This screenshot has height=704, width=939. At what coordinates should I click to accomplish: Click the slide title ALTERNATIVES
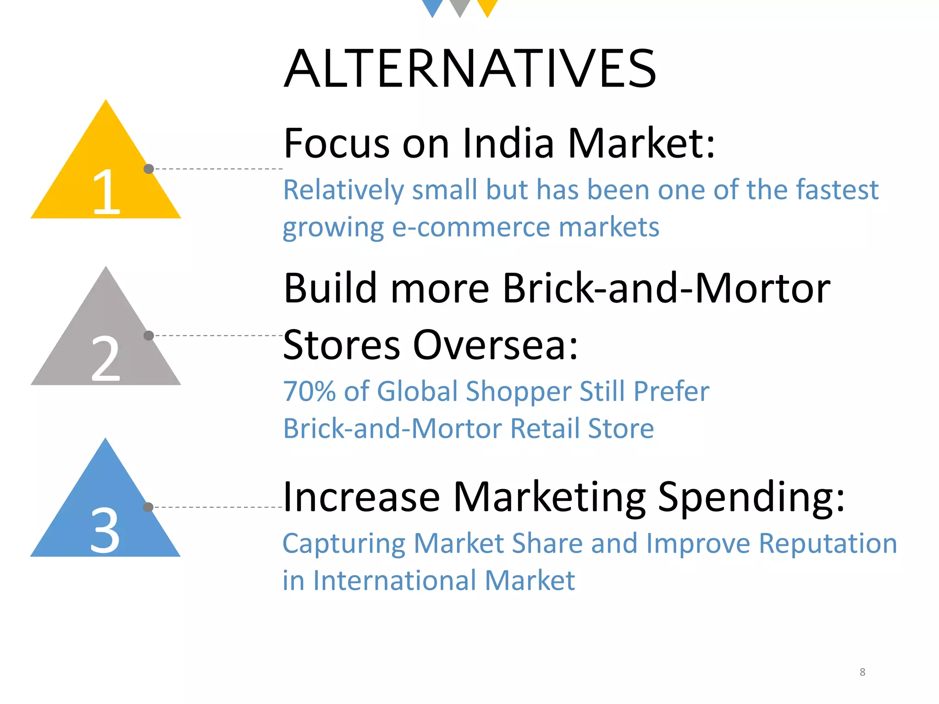point(470,69)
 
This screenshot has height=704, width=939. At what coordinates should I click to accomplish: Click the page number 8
point(862,672)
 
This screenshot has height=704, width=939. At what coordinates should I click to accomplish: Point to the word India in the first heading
point(508,143)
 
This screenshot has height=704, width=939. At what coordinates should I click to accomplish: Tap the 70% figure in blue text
point(309,391)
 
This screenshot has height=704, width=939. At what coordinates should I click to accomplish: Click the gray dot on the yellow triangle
point(149,169)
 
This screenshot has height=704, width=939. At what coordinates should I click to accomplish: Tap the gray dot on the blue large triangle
point(148,507)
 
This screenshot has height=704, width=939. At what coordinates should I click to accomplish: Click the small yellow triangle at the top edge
point(487,6)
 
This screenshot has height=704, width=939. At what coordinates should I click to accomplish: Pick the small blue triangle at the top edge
point(432,6)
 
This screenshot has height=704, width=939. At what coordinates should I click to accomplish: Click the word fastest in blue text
point(837,190)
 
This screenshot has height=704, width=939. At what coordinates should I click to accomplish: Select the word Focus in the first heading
point(337,143)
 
